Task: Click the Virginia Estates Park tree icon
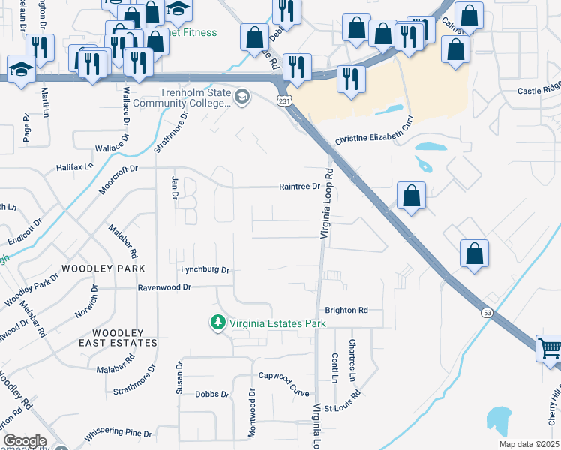pos(217,322)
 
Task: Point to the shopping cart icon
pos(550,348)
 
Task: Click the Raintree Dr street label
pos(300,187)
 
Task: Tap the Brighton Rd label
pos(346,310)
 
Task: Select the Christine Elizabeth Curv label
pos(374,139)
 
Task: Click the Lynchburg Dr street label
pos(204,269)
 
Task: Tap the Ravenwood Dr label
pos(164,286)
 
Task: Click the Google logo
pos(25,440)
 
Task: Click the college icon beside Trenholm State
pos(242,97)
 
